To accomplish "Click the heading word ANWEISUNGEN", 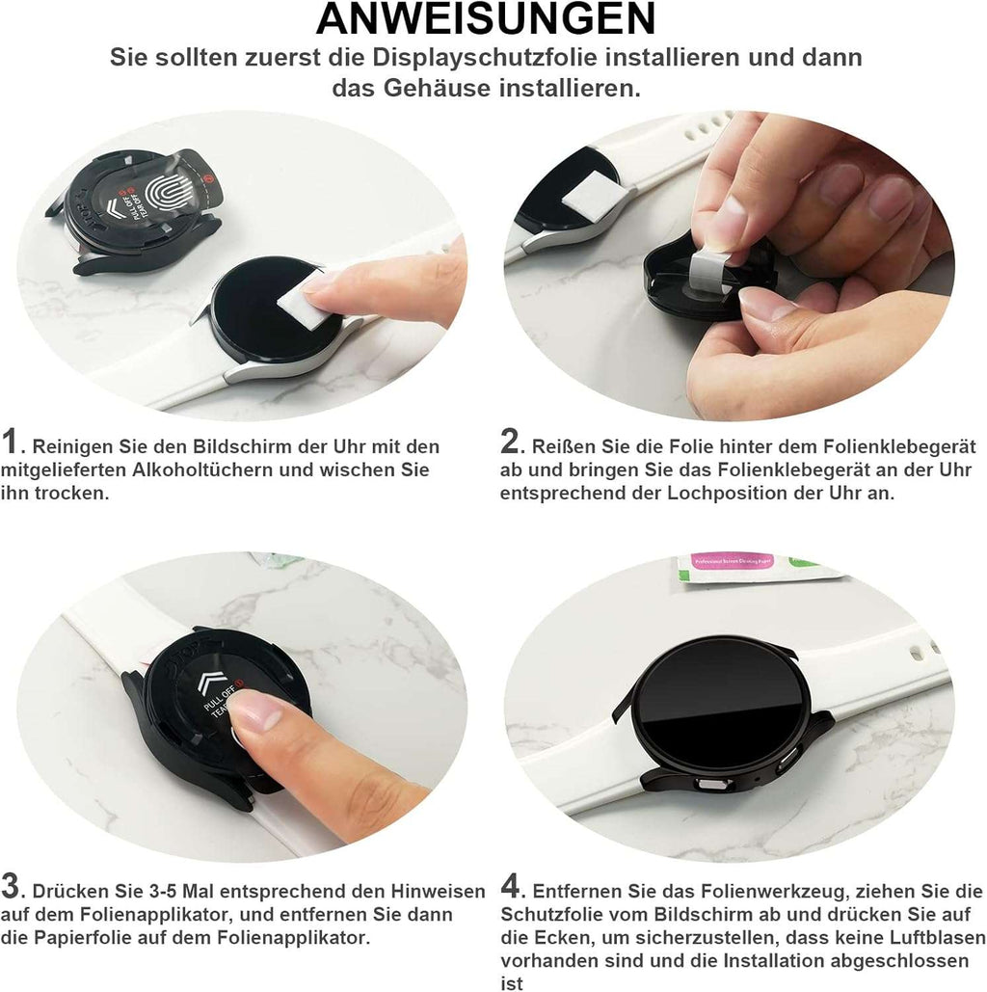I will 486,19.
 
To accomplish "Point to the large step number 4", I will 511,886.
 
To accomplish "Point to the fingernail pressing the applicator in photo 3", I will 253,714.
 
